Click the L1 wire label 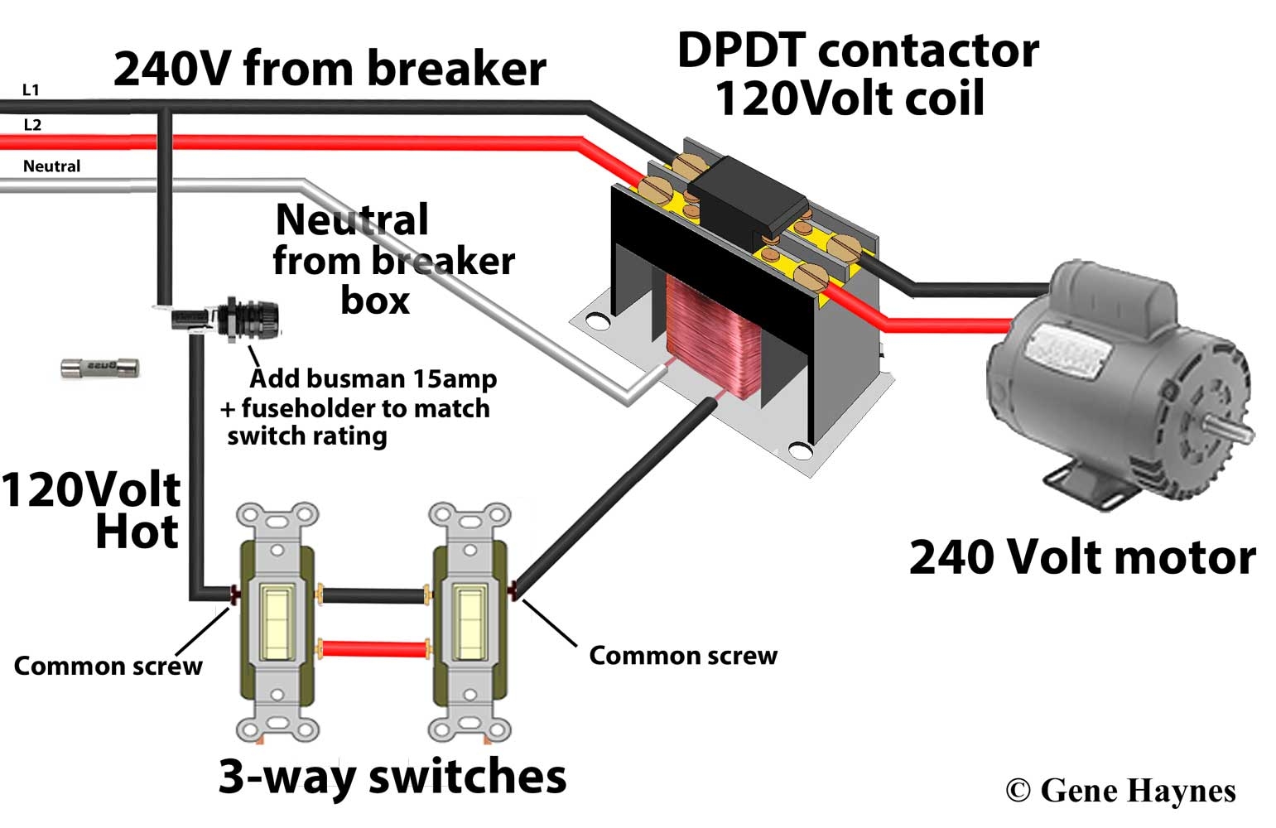pos(31,89)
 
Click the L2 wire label pos(32,125)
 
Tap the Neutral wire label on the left pos(51,166)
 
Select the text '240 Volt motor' pos(1081,556)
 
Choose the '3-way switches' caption pos(392,776)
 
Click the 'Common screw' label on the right pos(683,656)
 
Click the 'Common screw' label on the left pos(108,666)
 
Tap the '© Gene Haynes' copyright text pos(1120,791)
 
